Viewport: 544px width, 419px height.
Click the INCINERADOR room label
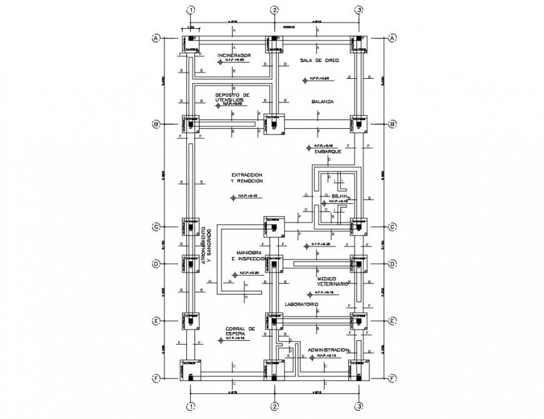[234, 56]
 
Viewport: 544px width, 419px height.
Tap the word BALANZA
[324, 101]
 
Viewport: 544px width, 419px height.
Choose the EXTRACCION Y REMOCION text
[246, 178]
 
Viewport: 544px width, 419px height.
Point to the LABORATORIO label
[303, 305]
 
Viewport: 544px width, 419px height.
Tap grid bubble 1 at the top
[191, 10]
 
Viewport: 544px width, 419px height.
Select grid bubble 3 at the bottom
[359, 406]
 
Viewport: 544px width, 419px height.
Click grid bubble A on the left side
[156, 38]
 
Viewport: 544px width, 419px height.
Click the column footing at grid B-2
[273, 124]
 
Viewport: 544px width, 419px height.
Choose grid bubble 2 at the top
[274, 10]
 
